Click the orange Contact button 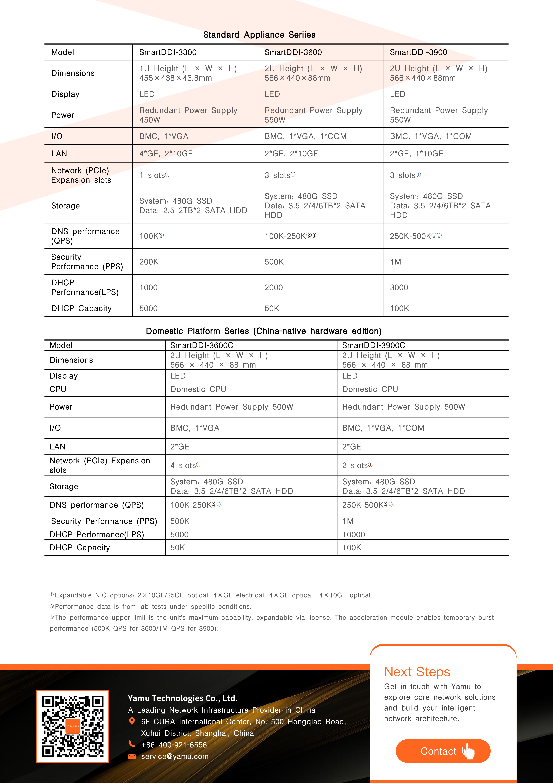tap(443, 751)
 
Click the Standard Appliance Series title tap(259, 35)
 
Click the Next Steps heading tap(417, 672)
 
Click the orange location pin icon tap(132, 721)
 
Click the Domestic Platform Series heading tap(263, 331)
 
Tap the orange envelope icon tap(132, 756)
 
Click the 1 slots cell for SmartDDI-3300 tap(155, 175)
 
